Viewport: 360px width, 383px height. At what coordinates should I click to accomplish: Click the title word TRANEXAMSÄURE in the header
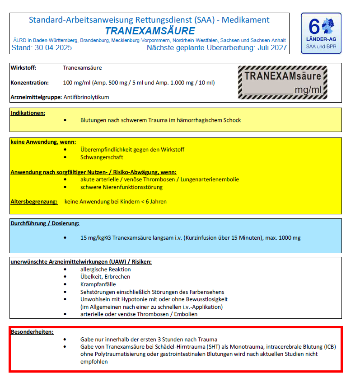[150, 31]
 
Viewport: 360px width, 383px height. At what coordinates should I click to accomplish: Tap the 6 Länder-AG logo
[321, 33]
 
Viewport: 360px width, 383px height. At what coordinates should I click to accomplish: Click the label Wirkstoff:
[23, 68]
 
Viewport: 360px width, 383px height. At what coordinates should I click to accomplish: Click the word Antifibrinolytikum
[86, 97]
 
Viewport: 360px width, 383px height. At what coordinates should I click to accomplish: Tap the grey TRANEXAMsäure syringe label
[283, 82]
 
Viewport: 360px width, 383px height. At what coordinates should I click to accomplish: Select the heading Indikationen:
[28, 113]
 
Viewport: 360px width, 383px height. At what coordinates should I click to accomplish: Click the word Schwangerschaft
[102, 157]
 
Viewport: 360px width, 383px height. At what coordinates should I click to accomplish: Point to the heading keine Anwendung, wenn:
[43, 142]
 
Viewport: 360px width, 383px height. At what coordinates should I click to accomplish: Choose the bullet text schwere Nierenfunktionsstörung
[122, 187]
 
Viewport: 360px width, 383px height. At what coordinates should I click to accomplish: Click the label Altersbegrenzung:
[34, 201]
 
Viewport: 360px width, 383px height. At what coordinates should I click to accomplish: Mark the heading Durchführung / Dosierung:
[45, 223]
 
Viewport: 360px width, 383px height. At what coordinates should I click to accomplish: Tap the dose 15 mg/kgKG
[95, 238]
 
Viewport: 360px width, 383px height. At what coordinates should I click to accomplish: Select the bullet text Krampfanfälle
[98, 284]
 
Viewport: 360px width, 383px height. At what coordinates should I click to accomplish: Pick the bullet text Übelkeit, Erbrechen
[105, 277]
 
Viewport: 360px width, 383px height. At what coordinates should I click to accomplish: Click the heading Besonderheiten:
[32, 331]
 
